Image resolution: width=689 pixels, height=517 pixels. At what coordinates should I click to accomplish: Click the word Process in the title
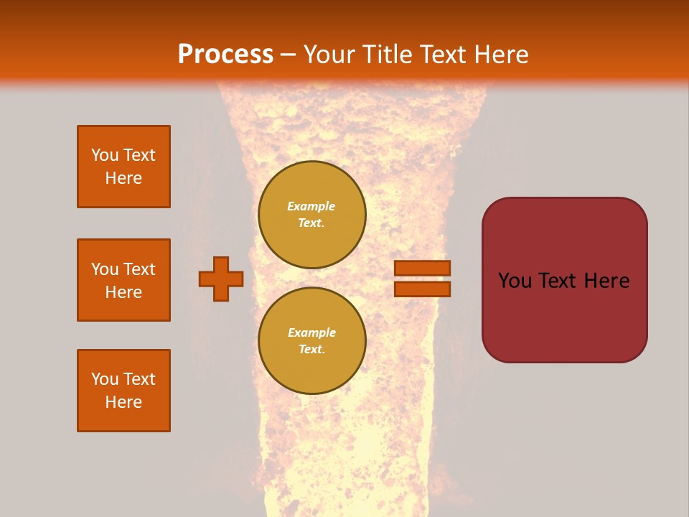click(x=225, y=55)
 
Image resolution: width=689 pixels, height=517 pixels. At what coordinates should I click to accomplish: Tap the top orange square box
click(x=123, y=167)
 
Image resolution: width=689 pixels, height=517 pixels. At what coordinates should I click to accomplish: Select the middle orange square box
click(x=123, y=280)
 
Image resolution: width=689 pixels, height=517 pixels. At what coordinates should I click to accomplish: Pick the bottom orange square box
click(x=123, y=391)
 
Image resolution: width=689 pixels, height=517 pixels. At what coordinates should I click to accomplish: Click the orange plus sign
click(x=221, y=279)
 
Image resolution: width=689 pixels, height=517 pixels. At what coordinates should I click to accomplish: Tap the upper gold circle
click(x=311, y=215)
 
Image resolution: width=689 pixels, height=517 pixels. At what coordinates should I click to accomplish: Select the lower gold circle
click(x=311, y=341)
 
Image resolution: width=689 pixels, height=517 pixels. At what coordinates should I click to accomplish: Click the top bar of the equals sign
click(x=422, y=269)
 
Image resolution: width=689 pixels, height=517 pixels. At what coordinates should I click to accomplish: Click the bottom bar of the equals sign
click(x=422, y=289)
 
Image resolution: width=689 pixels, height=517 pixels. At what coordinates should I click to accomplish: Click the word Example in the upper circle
click(x=311, y=207)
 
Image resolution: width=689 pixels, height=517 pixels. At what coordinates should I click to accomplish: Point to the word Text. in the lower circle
click(x=311, y=350)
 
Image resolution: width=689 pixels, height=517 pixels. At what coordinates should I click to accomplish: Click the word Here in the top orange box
click(x=123, y=178)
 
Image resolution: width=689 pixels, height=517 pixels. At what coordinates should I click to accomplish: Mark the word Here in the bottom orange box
click(x=123, y=402)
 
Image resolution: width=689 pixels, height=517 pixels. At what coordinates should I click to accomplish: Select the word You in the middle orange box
click(x=105, y=269)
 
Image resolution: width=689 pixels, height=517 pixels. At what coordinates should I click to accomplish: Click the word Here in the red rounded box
click(x=606, y=281)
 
